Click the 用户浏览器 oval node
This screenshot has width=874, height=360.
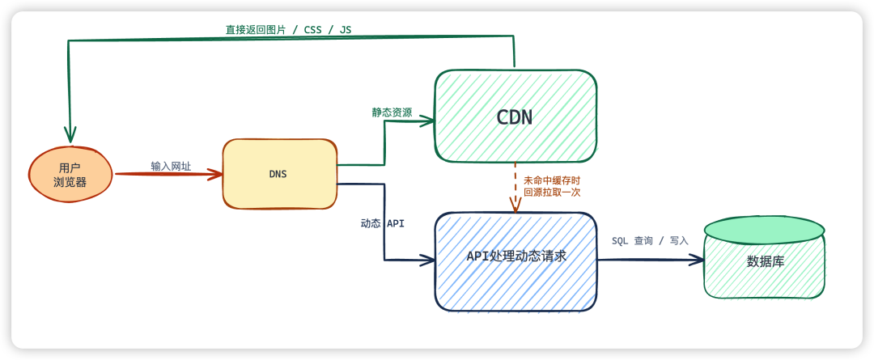(72, 175)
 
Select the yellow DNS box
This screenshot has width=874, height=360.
(280, 174)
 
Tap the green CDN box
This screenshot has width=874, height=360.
(515, 116)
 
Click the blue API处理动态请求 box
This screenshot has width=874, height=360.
(516, 260)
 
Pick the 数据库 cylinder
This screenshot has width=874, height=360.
(765, 257)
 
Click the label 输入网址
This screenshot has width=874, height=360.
(171, 166)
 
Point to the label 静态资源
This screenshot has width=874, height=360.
(392, 112)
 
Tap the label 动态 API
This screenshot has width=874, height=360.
(382, 223)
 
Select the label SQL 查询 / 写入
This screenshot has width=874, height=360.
(650, 241)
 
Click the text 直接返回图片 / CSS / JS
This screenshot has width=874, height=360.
(288, 30)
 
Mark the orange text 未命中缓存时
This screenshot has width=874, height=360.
(552, 180)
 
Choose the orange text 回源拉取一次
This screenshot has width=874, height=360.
(552, 193)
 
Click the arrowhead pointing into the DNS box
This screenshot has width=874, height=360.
(216, 175)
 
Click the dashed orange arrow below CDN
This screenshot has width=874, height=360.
(515, 188)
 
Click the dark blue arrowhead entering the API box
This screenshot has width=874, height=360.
(427, 260)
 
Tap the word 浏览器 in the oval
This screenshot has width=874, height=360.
(70, 182)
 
